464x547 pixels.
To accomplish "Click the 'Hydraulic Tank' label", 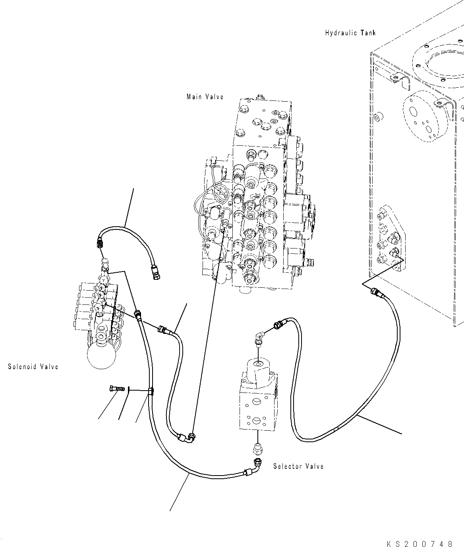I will point(350,33).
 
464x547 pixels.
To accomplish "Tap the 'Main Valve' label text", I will point(205,96).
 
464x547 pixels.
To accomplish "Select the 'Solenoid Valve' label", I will point(33,366).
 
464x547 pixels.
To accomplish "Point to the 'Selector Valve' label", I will point(298,466).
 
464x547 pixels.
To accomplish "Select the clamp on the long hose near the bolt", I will point(151,392).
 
